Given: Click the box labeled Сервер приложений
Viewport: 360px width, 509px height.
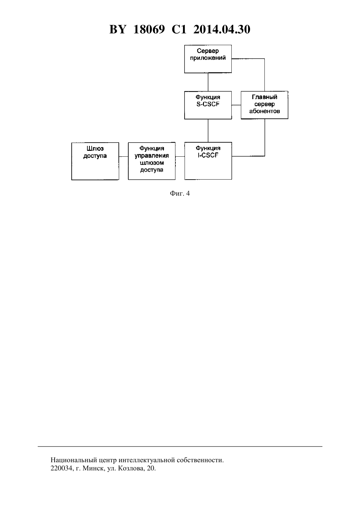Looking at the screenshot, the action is point(208,59).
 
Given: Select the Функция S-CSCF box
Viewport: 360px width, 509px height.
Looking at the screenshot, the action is point(208,105).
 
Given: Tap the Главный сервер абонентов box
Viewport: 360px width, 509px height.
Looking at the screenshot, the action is point(264,105).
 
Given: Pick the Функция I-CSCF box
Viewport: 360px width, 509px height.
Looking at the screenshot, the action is point(208,161).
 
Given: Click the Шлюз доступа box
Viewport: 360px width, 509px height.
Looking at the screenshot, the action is point(95,161).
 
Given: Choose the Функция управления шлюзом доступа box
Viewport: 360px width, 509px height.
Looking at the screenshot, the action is point(152,161).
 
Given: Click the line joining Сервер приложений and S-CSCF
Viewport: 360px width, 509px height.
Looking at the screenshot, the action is point(208,82).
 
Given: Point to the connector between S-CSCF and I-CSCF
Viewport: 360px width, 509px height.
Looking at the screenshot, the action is point(208,131).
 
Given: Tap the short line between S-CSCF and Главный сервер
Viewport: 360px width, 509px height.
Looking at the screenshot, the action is point(236,105).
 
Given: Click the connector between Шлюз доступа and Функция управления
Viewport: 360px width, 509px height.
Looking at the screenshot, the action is point(123,157).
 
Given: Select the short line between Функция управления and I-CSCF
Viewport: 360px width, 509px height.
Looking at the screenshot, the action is point(180,156).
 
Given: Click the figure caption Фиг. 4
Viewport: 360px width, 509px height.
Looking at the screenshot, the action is point(180,193).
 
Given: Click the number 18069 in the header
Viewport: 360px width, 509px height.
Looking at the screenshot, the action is point(149,29).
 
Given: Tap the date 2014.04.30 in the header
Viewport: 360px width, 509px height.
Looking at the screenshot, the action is point(222,29).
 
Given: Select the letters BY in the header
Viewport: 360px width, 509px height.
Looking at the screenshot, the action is point(117,29).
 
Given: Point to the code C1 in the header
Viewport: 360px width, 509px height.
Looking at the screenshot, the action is point(179,29).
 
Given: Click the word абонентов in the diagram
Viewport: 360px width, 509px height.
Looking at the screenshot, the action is point(264,111).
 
